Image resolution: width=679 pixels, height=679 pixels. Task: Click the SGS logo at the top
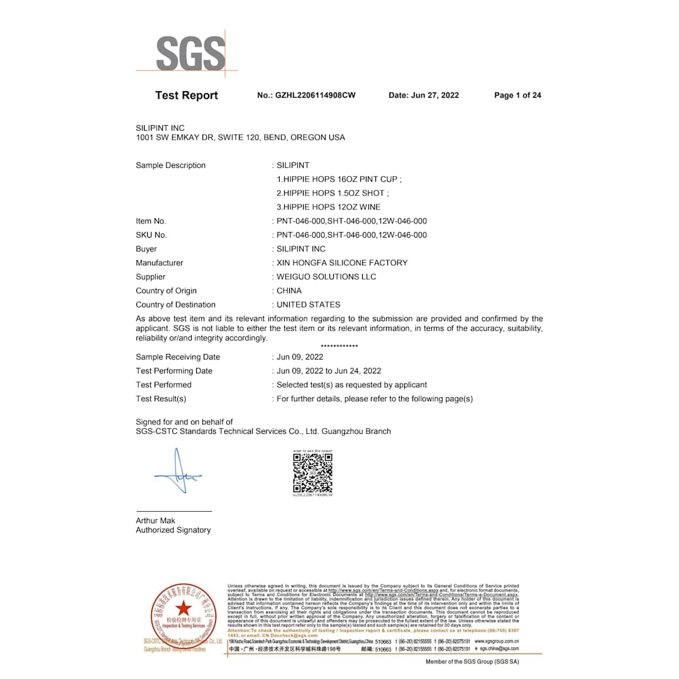[x=190, y=53]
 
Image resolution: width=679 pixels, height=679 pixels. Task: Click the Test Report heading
[x=186, y=96]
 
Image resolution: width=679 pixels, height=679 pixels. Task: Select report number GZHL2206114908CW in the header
[x=306, y=96]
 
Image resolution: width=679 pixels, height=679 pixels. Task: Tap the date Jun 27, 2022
[x=424, y=96]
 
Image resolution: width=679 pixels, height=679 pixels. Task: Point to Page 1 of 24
[x=517, y=96]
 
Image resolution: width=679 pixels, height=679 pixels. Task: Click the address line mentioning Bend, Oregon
[x=240, y=137]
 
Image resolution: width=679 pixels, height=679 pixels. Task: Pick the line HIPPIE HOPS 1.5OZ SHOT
[x=333, y=193]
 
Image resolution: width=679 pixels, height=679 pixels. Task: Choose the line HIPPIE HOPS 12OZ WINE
[x=329, y=207]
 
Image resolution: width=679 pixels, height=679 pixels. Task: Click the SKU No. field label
[x=152, y=235]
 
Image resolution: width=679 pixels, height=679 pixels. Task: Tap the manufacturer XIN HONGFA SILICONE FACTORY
[x=342, y=263]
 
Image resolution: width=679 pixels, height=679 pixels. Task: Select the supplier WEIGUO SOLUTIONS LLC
[x=326, y=277]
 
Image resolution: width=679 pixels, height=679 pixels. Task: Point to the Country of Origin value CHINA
[x=289, y=290]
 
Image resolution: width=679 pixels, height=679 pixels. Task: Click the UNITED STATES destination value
[x=309, y=304]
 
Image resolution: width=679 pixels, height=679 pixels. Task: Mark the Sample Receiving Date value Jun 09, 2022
[x=300, y=357]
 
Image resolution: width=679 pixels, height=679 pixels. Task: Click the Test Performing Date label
[x=174, y=371]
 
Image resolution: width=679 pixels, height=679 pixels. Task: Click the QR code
[x=312, y=473]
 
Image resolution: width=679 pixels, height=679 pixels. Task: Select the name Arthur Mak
[x=155, y=521]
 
